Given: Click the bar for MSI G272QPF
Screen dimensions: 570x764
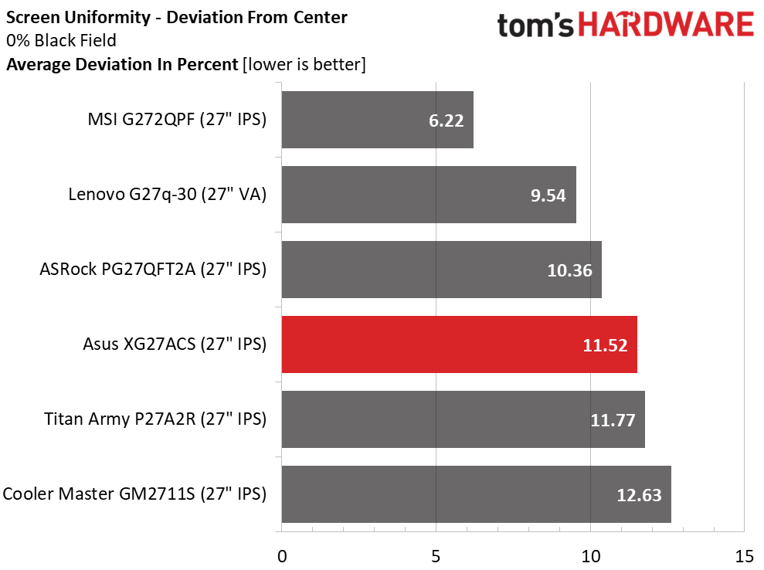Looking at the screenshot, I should click(x=377, y=120).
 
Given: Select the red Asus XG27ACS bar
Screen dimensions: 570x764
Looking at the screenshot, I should click(x=459, y=344).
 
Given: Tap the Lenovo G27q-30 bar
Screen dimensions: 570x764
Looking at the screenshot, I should click(x=429, y=195).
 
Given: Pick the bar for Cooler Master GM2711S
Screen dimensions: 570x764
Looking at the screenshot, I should click(x=476, y=494).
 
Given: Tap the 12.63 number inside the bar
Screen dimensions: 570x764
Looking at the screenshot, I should click(x=638, y=495).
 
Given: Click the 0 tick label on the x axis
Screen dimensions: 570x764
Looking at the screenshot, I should click(x=282, y=556).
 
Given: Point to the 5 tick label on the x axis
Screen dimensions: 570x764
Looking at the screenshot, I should click(x=436, y=556).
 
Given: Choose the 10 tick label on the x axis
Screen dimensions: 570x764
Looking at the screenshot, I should click(x=590, y=556).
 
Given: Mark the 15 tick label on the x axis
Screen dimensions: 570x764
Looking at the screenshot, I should click(x=744, y=556).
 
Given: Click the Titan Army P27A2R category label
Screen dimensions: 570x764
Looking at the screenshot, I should click(x=155, y=419).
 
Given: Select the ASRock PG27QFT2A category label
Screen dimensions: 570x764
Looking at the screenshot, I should click(x=153, y=270).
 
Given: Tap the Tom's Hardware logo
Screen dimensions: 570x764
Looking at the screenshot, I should click(x=625, y=25).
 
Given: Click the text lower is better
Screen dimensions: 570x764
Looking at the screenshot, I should click(x=304, y=65).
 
